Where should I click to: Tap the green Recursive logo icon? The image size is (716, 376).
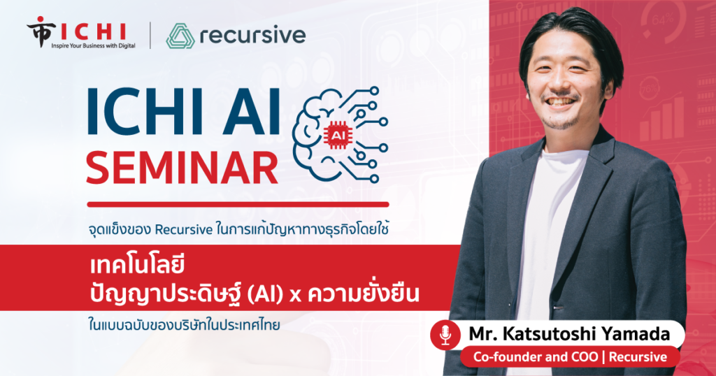[x=180, y=36]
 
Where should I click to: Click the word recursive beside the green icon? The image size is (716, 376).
[x=252, y=35]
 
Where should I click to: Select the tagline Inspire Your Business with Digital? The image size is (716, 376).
[x=93, y=45]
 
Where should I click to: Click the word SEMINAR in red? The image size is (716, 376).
[x=182, y=168]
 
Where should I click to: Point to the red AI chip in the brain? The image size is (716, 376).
[x=336, y=135]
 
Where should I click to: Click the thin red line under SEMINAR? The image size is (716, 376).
[x=238, y=205]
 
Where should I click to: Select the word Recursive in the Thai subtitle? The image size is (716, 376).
[x=184, y=230]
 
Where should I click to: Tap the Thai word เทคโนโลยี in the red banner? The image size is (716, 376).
[x=138, y=266]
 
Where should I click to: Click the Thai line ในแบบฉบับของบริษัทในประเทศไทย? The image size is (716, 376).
[x=184, y=326]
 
